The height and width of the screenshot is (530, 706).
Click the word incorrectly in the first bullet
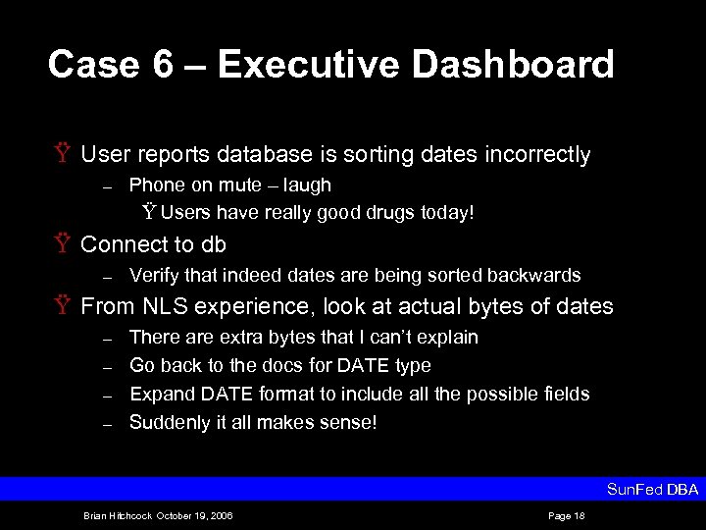click(x=534, y=155)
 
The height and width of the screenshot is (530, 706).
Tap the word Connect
click(x=123, y=244)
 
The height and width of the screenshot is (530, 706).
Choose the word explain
click(x=448, y=337)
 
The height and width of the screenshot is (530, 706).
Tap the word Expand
click(x=159, y=394)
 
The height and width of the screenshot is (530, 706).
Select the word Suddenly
click(x=168, y=422)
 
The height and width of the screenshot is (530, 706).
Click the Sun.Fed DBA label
click(x=653, y=489)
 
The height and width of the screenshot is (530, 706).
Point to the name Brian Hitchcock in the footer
click(x=116, y=514)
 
